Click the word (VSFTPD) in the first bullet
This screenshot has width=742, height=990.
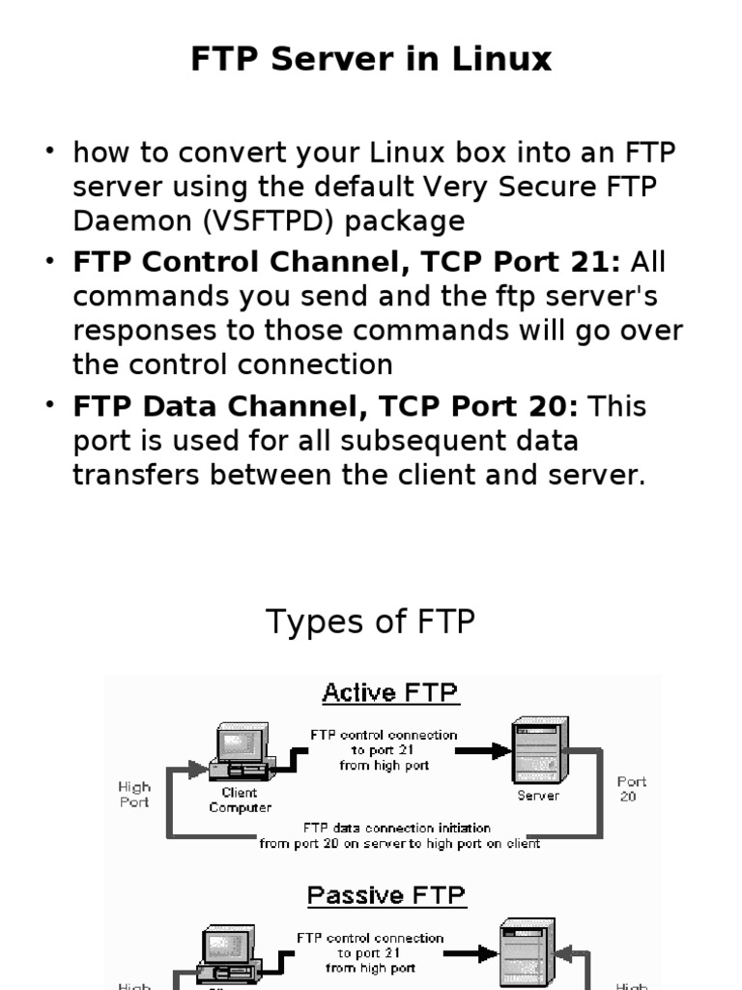pyautogui.click(x=268, y=221)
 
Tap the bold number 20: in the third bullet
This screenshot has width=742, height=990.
pyautogui.click(x=549, y=406)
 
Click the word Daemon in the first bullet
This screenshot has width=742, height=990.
pyautogui.click(x=133, y=221)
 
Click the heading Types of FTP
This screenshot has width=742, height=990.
pyautogui.click(x=370, y=622)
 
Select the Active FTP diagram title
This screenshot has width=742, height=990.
pyautogui.click(x=390, y=693)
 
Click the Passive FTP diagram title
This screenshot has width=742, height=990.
pyautogui.click(x=386, y=895)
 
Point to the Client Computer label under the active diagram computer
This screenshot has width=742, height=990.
pyautogui.click(x=240, y=800)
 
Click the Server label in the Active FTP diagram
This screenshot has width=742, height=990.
pyautogui.click(x=538, y=796)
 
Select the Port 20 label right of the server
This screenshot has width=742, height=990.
pyautogui.click(x=631, y=788)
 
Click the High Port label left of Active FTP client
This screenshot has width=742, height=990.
pyautogui.click(x=134, y=795)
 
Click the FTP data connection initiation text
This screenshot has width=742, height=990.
pyautogui.click(x=396, y=829)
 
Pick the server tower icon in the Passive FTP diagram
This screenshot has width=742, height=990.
pyautogui.click(x=528, y=952)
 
